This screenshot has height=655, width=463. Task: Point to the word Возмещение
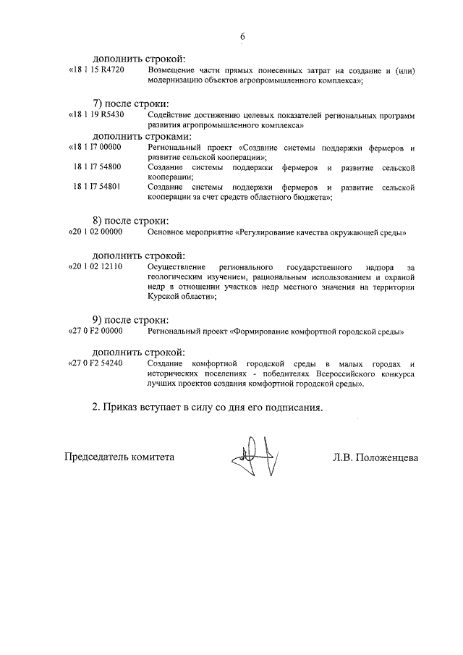pos(171,71)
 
